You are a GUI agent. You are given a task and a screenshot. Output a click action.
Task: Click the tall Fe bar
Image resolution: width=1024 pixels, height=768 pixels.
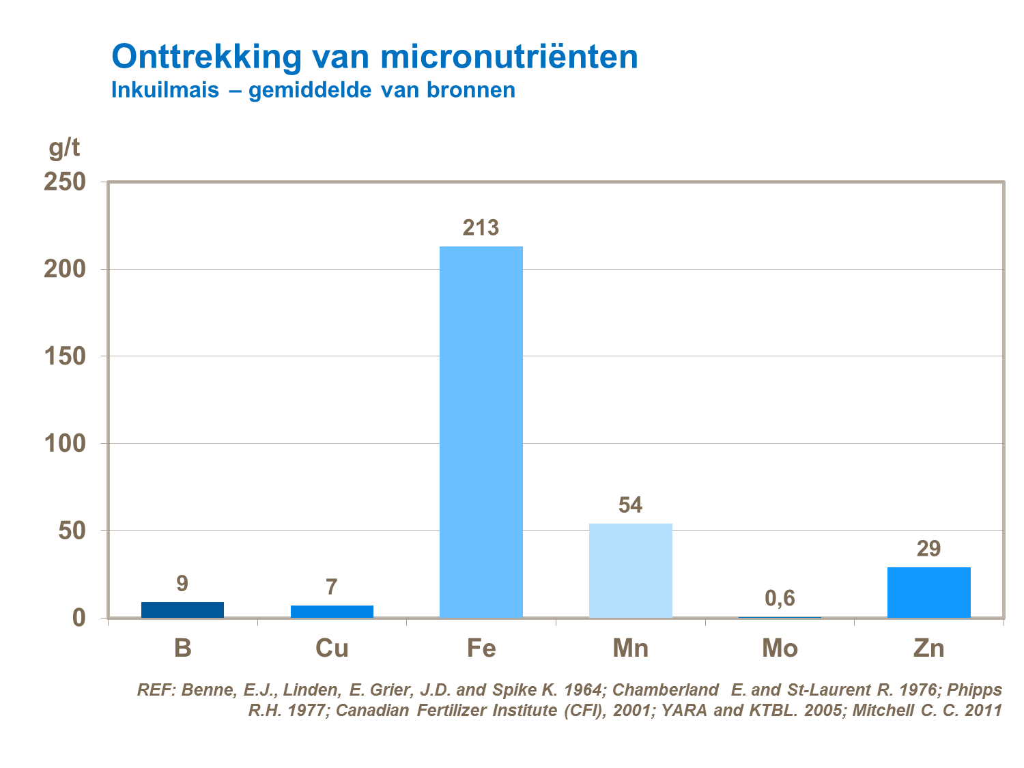481,431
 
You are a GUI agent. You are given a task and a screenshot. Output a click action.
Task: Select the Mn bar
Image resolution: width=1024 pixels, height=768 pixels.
630,570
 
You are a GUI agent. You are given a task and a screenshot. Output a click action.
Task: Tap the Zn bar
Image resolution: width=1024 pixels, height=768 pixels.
928,592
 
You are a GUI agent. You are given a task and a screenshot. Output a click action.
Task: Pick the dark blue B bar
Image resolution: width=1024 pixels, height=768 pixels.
182,610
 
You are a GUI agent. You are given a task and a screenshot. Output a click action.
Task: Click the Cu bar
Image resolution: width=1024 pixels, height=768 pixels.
332,611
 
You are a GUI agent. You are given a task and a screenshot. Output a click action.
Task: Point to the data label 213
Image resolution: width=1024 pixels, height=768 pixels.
481,227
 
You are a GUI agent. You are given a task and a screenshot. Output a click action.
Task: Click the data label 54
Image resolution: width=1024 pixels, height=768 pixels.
630,505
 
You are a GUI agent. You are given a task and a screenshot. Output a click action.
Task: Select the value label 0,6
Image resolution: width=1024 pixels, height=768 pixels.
780,598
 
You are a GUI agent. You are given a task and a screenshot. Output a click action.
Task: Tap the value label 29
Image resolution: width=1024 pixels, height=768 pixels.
928,548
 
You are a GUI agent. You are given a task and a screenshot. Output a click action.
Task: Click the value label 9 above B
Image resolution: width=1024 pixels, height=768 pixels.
182,584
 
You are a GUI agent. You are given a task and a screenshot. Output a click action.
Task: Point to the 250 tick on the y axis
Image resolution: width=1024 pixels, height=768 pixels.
65,182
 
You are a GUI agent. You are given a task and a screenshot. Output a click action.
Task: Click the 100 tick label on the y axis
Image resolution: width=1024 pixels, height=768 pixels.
65,443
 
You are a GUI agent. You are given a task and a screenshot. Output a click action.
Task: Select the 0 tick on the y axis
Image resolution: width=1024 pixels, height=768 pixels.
79,618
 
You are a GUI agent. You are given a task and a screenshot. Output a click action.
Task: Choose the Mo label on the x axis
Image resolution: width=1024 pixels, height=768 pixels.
780,648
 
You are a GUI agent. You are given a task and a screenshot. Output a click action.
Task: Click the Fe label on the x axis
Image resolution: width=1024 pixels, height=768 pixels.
481,648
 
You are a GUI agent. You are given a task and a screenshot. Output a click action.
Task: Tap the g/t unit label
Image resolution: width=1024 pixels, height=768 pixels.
64,147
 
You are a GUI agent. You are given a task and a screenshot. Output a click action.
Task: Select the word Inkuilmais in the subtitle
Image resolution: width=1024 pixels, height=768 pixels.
165,90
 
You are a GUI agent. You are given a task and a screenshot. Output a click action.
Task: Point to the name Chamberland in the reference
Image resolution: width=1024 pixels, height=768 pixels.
665,690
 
